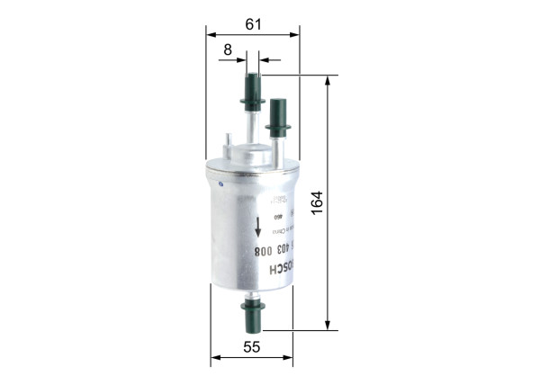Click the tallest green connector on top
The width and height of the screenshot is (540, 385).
[251, 92]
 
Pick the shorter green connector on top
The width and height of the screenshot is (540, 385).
[278, 117]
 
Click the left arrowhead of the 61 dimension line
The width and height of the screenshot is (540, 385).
[211, 35]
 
